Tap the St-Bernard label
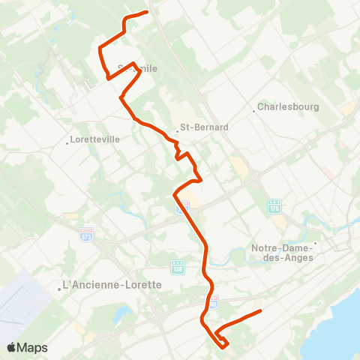tap(205, 127)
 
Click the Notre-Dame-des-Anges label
tap(283, 253)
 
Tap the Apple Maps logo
tap(27, 347)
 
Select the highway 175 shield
tap(274, 205)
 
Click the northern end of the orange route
tap(147, 12)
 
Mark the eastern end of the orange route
tap(260, 310)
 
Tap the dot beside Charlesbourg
tap(255, 111)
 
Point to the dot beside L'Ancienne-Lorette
tap(59, 289)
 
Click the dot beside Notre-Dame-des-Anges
tap(316, 243)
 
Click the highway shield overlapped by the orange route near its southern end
tap(213, 303)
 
